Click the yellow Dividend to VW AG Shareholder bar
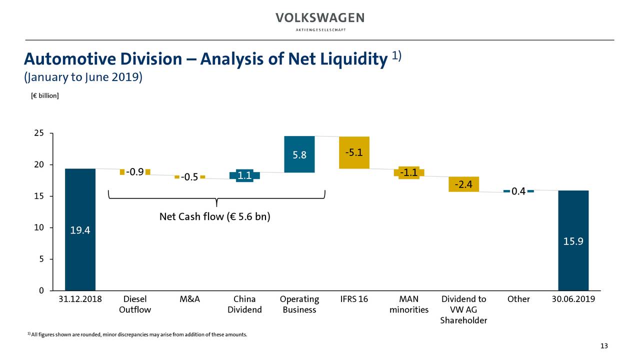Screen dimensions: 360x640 (463, 184)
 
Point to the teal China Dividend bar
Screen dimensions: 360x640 (244, 175)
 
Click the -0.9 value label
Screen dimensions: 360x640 (135, 172)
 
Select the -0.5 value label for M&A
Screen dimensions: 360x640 (189, 177)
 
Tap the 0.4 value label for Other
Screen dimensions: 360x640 (518, 191)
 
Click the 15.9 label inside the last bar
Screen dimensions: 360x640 (573, 241)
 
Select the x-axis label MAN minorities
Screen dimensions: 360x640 (408, 304)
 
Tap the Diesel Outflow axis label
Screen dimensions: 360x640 (135, 304)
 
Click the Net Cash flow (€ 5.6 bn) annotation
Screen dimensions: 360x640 (214, 217)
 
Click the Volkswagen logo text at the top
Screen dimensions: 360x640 (320, 18)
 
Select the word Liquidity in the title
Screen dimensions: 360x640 (349, 59)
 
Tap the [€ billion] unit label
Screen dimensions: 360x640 (44, 95)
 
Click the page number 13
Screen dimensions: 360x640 (603, 346)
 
